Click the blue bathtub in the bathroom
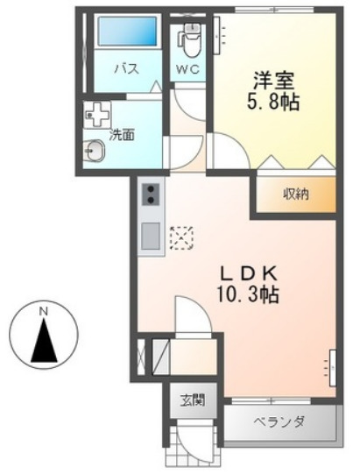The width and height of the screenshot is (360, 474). pyautogui.click(x=127, y=32)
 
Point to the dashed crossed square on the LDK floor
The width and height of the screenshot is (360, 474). pyautogui.click(x=180, y=237)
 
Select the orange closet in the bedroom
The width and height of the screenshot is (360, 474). pyautogui.click(x=295, y=194)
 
